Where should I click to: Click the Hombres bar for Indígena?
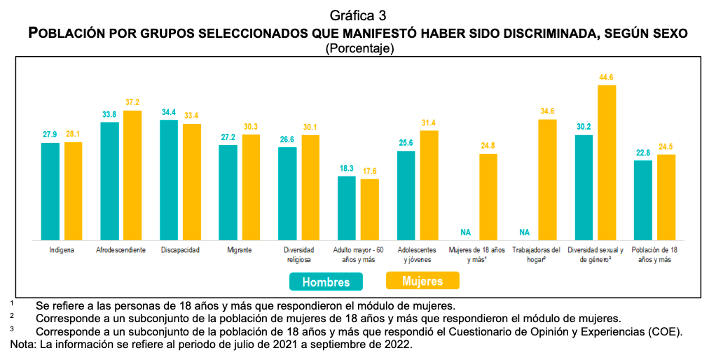(x=50, y=191)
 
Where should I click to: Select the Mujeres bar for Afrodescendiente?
(x=132, y=175)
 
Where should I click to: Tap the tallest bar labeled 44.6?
(x=607, y=162)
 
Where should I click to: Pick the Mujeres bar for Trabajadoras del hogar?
(x=547, y=179)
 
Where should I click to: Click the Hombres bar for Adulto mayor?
(x=347, y=207)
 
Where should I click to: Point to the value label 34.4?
(x=169, y=111)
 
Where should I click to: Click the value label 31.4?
(x=429, y=123)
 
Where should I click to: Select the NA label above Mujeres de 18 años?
(x=466, y=232)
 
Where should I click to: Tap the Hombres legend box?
(x=326, y=282)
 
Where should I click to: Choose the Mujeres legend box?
(x=422, y=281)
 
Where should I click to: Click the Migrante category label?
(x=240, y=250)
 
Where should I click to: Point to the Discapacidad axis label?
(x=180, y=250)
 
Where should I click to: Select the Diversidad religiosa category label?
(x=299, y=254)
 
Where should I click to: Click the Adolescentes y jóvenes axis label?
(x=417, y=254)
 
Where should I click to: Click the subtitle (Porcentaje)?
(x=358, y=49)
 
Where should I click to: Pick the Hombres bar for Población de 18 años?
(x=643, y=200)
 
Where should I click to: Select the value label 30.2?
(x=584, y=127)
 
